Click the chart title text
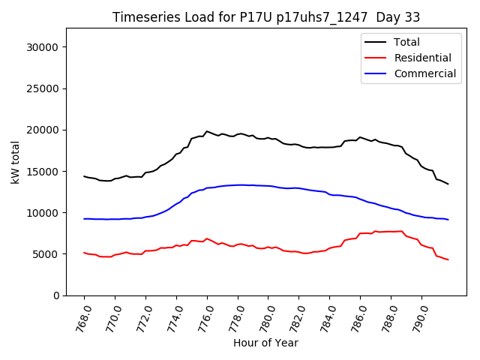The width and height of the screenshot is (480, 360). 266,17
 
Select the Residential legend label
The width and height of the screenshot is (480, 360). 422,58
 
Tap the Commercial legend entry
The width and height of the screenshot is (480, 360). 424,73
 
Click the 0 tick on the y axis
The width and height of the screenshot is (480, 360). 55,295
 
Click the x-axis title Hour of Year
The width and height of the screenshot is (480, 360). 265,343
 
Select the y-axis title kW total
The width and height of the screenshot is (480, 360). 15,162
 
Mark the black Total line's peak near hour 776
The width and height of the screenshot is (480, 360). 207,131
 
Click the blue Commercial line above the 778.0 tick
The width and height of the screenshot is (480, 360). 238,184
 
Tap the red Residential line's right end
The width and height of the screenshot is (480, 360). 448,259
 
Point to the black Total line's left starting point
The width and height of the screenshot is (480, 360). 84,176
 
